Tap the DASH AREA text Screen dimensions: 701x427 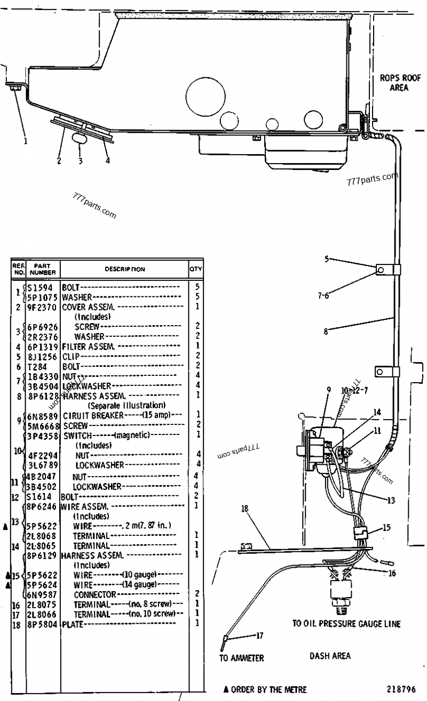tap(330, 656)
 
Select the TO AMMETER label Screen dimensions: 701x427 tap(241, 658)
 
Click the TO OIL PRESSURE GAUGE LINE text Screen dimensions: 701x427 tap(346, 623)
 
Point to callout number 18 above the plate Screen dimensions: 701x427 tap(245, 509)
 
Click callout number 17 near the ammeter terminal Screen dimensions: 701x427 tap(260, 635)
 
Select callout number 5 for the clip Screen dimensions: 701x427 tap(326, 259)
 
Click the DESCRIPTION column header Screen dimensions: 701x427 tap(124, 269)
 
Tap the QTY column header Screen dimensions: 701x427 tap(195, 269)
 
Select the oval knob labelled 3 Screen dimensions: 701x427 tap(81, 140)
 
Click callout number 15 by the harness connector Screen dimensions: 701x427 tap(386, 528)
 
